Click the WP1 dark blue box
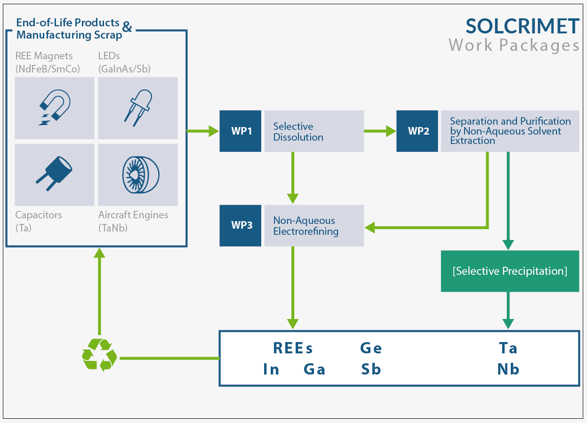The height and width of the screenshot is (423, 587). [240, 131]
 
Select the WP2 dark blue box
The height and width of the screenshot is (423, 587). [417, 131]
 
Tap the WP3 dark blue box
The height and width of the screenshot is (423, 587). [240, 225]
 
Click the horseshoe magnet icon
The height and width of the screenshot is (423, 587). [55, 107]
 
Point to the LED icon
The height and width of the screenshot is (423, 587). [138, 108]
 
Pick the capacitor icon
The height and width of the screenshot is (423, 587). [54, 174]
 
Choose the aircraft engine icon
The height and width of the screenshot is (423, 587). [141, 175]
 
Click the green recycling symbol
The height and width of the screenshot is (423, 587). [99, 355]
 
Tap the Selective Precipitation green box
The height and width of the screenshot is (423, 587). [510, 271]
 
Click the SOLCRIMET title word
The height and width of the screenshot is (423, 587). [522, 26]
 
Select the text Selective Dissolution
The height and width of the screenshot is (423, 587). [298, 132]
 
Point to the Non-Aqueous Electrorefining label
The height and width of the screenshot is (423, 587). [306, 226]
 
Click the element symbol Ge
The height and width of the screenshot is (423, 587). [371, 348]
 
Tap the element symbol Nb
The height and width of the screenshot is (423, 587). [508, 369]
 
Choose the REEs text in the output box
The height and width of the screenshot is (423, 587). [293, 348]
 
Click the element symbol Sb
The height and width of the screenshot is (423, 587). [371, 369]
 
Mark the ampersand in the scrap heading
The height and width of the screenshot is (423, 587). [127, 26]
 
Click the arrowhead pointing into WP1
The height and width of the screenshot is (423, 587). [214, 131]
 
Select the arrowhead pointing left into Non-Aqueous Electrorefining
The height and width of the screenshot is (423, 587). [370, 228]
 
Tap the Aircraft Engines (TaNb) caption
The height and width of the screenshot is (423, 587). [133, 221]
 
